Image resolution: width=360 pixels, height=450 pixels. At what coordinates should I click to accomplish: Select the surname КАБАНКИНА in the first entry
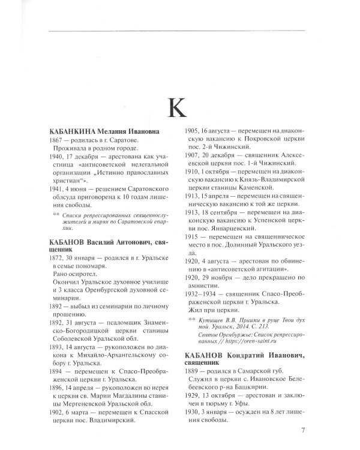pos(68,131)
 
